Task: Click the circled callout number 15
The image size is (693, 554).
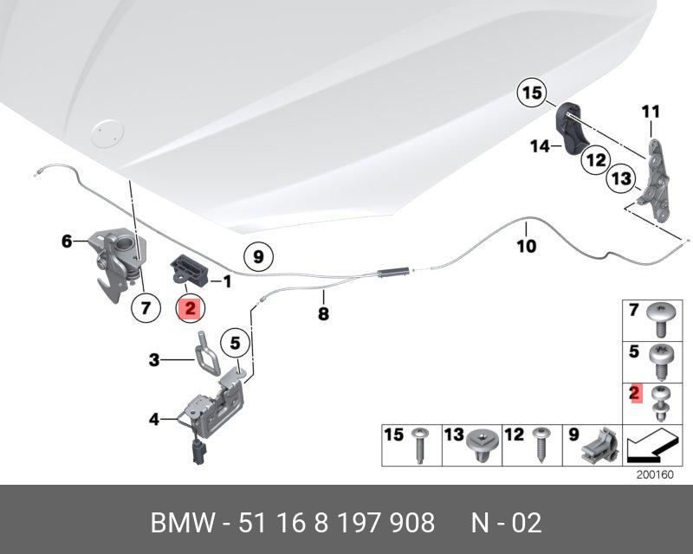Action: tap(531, 91)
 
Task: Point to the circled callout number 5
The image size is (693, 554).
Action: tap(234, 343)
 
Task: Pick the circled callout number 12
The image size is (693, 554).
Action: tap(593, 159)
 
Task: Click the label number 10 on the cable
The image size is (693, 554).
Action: tap(527, 246)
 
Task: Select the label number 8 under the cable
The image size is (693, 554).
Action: tap(323, 314)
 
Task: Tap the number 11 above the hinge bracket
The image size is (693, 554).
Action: tap(651, 111)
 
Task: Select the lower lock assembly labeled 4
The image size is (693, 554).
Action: tap(212, 411)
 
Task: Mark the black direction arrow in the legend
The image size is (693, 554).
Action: tap(651, 447)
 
